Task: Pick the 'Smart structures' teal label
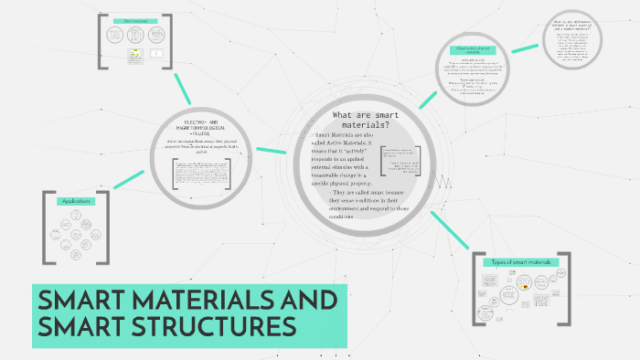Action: [x=135, y=21]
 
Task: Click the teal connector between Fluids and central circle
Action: [x=271, y=149]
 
